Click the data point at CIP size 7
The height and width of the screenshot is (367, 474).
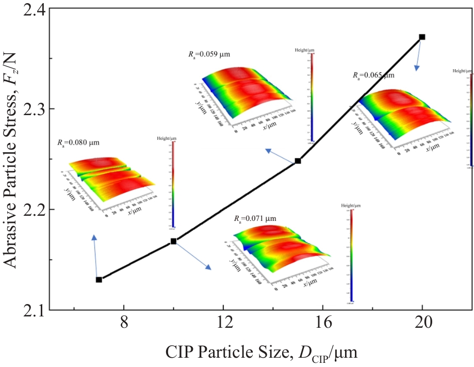tap(99, 279)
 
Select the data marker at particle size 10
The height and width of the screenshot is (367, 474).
tap(174, 241)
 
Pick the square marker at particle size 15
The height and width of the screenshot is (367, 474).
tap(298, 161)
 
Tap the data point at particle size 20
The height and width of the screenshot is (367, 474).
tap(422, 37)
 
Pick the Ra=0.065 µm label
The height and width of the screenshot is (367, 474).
tap(373, 75)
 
